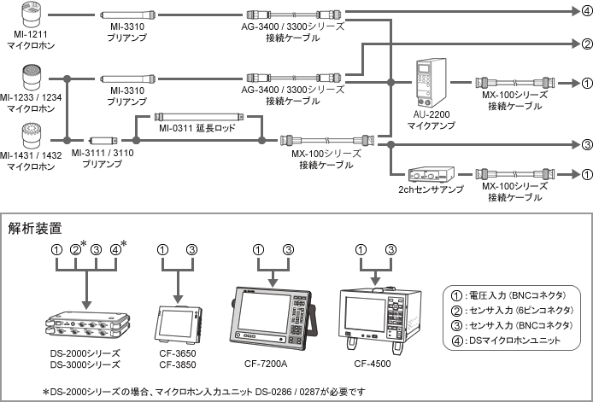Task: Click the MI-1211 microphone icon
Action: pyautogui.click(x=31, y=15)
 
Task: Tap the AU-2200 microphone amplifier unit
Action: pyautogui.click(x=432, y=83)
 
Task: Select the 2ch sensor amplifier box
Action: pyautogui.click(x=432, y=174)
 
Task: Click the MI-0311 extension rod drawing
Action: pyautogui.click(x=199, y=117)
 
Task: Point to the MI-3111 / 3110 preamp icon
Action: pyautogui.click(x=103, y=141)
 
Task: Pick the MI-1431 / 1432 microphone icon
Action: pyautogui.click(x=32, y=136)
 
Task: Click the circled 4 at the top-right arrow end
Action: pyautogui.click(x=586, y=11)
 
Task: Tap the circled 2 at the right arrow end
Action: pyautogui.click(x=586, y=44)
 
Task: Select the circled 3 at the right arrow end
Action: pyautogui.click(x=586, y=144)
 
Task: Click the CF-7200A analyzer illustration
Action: pyautogui.click(x=273, y=318)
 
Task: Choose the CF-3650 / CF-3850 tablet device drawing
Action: pyautogui.click(x=178, y=324)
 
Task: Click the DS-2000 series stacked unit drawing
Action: pyautogui.click(x=88, y=323)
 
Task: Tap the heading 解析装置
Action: pyautogui.click(x=35, y=228)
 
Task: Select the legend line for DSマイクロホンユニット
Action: pyautogui.click(x=506, y=341)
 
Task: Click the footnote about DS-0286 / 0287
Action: pyautogui.click(x=204, y=392)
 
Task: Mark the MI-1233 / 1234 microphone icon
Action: pyautogui.click(x=32, y=78)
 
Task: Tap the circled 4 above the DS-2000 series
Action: pyautogui.click(x=115, y=250)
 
